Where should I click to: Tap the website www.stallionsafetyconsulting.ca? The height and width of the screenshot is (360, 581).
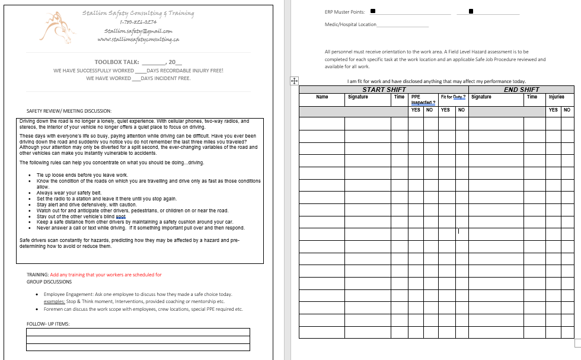[138, 39]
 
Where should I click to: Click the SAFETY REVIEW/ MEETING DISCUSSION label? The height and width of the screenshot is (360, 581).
[69, 111]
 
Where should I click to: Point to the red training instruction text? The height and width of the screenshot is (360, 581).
[106, 275]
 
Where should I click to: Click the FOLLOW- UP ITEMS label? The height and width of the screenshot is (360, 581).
[48, 323]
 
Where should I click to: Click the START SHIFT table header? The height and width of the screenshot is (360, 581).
[384, 90]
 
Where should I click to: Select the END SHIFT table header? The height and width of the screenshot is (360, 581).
[521, 90]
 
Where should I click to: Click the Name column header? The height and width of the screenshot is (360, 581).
[322, 97]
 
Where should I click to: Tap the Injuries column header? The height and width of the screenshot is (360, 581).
[557, 97]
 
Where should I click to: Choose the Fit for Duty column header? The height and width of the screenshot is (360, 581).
[453, 97]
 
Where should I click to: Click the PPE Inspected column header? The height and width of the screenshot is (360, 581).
[423, 99]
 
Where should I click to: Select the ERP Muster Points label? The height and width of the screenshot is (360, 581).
[344, 11]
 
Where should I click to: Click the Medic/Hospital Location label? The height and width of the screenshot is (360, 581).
[350, 24]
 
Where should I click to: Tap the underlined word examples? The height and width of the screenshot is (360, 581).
[54, 301]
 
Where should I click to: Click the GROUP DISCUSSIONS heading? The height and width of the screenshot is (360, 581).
[49, 282]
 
